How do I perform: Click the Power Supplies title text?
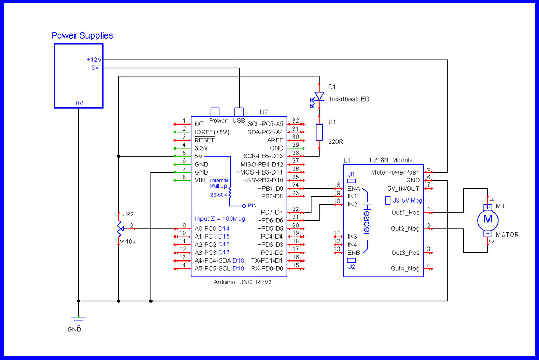(82, 36)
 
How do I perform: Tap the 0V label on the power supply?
(79, 103)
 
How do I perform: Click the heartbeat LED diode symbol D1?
(319, 97)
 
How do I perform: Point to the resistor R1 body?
(319, 132)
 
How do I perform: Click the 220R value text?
(335, 141)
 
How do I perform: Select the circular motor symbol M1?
(488, 219)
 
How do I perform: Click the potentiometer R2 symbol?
(119, 228)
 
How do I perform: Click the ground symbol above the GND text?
(78, 320)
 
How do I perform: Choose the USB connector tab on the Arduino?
(239, 111)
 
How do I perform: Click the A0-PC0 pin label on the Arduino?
(205, 228)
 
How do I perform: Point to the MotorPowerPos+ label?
(395, 172)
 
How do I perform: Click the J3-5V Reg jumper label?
(406, 200)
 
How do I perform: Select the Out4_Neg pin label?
(405, 268)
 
